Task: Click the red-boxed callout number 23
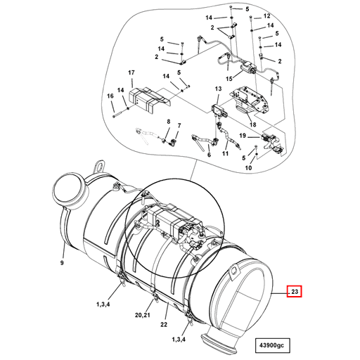[x=294, y=290]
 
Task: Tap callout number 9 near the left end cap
[x=62, y=262]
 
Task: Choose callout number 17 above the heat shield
[x=131, y=73]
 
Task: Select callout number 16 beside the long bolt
[x=110, y=96]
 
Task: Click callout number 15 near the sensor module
[x=229, y=79]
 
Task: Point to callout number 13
[x=217, y=89]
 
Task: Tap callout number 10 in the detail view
[x=248, y=168]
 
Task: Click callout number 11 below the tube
[x=226, y=153]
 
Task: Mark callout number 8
[x=169, y=122]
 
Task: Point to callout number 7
[x=179, y=127]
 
